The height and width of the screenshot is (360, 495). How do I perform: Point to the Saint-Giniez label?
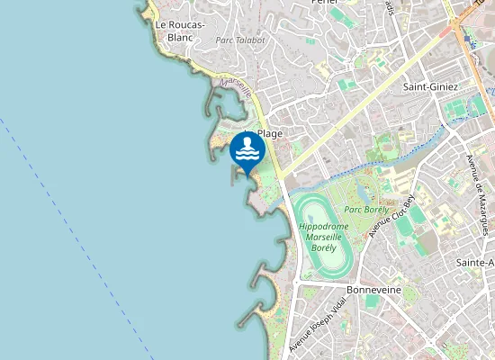tap(431, 86)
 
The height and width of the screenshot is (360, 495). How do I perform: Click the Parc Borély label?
tap(366, 210)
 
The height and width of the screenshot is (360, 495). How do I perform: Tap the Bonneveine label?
tap(373, 291)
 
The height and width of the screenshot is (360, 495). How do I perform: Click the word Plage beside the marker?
tap(271, 133)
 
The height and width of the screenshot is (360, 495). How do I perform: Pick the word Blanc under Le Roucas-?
tap(180, 38)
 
